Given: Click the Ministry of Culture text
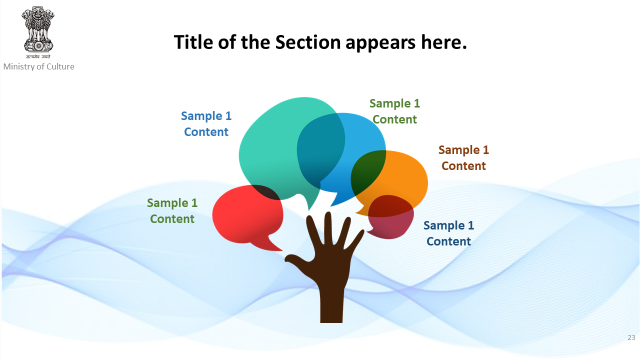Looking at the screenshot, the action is click(39, 66).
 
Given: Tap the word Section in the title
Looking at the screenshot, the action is click(307, 42).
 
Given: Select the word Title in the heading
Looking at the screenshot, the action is click(193, 42).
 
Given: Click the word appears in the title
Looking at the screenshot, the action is click(380, 43).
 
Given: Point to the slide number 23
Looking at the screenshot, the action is click(631, 337).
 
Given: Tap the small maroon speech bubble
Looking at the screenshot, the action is click(390, 217).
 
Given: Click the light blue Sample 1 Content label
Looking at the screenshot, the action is click(206, 124).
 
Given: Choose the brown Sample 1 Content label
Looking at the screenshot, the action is click(463, 158).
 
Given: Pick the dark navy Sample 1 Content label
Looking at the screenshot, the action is click(448, 233).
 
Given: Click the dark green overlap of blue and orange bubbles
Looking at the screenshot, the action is click(367, 171).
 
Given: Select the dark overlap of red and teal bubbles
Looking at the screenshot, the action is click(266, 192).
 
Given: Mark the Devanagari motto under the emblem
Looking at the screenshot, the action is click(38, 56).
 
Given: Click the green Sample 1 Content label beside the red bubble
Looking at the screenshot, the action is click(172, 211).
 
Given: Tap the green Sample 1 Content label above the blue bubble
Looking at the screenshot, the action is click(394, 111).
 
